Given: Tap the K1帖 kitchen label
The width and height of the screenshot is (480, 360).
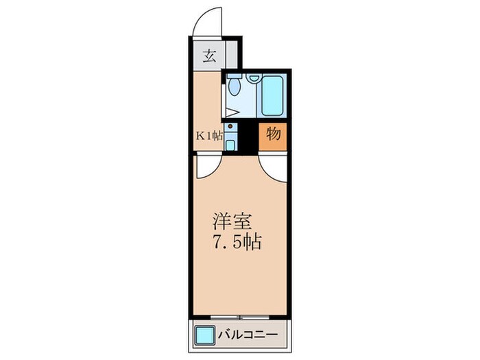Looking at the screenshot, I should pos(209,135).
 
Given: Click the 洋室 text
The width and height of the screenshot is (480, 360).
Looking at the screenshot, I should pos(233,222).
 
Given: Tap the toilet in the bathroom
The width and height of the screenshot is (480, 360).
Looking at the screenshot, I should pos(235,86).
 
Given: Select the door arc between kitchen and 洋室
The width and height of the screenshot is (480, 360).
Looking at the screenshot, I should pos(206,167).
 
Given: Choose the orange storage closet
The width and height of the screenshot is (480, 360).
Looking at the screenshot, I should pos(273,136).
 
